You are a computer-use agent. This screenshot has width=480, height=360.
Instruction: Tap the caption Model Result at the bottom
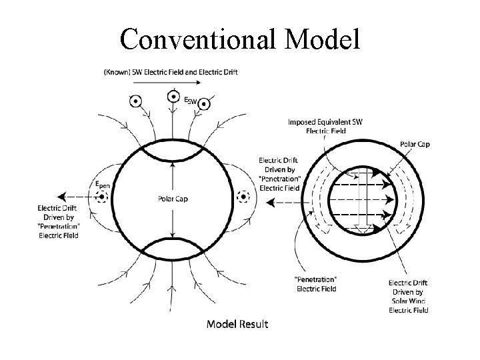pyautogui.click(x=237, y=324)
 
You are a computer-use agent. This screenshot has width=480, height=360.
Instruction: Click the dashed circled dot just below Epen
pyautogui.click(x=102, y=197)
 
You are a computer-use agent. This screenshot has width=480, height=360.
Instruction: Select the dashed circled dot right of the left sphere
pyautogui.click(x=243, y=197)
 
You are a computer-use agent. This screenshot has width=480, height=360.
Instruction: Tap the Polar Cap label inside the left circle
pyautogui.click(x=173, y=197)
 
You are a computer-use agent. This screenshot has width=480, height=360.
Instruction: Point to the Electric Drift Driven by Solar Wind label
pyautogui.click(x=409, y=295)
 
